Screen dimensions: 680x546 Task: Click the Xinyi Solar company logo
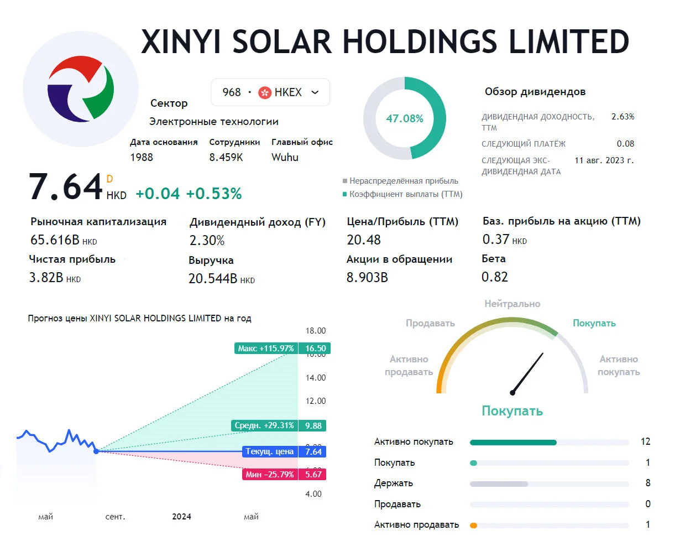pyautogui.click(x=81, y=89)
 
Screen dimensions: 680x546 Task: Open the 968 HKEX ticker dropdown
pyautogui.click(x=270, y=92)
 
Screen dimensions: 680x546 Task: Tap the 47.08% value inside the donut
pyautogui.click(x=405, y=118)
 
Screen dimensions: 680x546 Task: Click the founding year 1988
pyautogui.click(x=142, y=157)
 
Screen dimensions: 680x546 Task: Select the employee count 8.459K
pyautogui.click(x=226, y=157)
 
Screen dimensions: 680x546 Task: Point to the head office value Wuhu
pyautogui.click(x=285, y=157)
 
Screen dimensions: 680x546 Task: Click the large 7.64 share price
pyautogui.click(x=65, y=187)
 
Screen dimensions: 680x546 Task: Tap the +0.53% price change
pyautogui.click(x=214, y=194)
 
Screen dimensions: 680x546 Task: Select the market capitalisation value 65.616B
pyautogui.click(x=55, y=240)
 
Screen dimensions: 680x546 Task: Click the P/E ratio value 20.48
pyautogui.click(x=364, y=240)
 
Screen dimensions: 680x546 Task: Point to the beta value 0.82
pyautogui.click(x=494, y=277)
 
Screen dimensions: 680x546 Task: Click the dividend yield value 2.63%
pyautogui.click(x=623, y=117)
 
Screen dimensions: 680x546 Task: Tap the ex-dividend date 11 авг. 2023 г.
pyautogui.click(x=604, y=160)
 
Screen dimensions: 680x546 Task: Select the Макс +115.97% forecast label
pyautogui.click(x=266, y=349)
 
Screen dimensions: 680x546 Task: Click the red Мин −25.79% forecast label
pyautogui.click(x=270, y=475)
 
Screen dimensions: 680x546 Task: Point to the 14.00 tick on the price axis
pyautogui.click(x=315, y=378)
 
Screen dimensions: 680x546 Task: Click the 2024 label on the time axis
pyautogui.click(x=182, y=517)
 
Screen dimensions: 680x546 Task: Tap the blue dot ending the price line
pyautogui.click(x=96, y=451)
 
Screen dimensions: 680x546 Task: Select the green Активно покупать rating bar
pyautogui.click(x=513, y=443)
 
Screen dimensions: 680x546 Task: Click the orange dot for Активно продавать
pyautogui.click(x=473, y=526)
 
